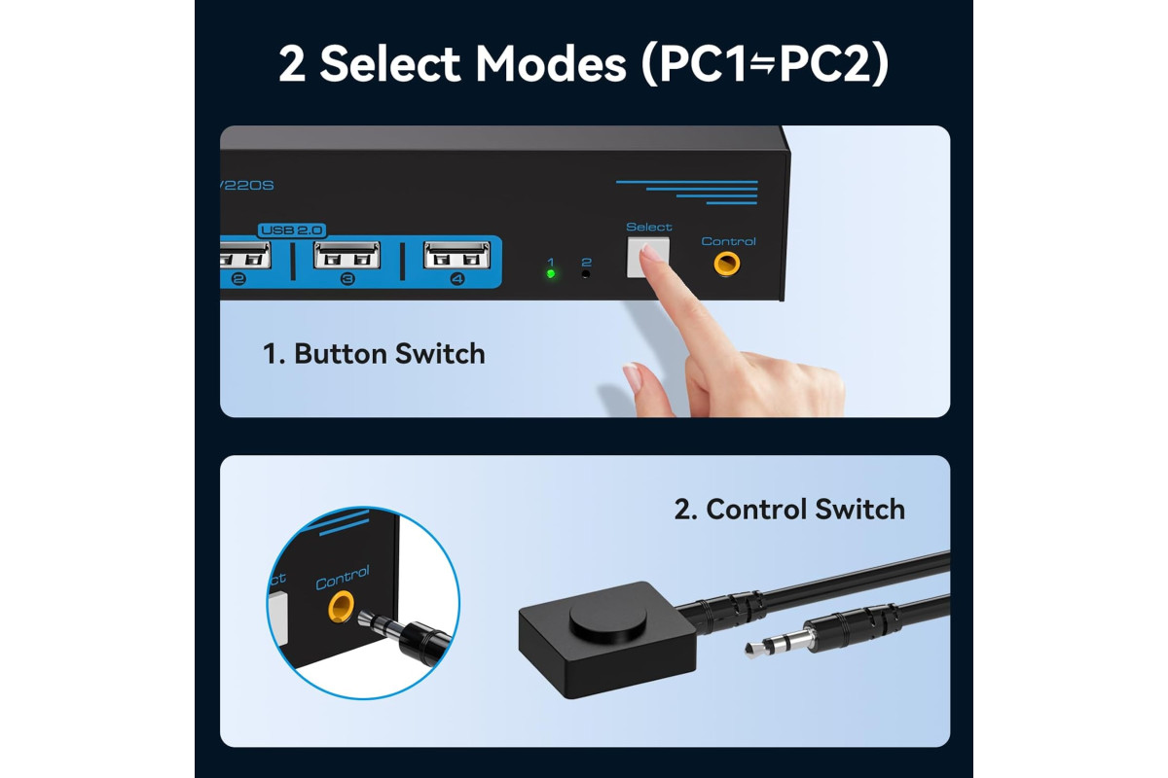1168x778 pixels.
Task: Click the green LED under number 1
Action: pos(551,273)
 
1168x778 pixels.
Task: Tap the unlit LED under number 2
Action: pos(586,274)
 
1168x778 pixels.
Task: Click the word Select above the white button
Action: pos(648,228)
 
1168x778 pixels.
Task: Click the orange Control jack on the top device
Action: pos(726,264)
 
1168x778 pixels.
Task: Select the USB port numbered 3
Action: pos(347,256)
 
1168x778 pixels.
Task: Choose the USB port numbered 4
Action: pos(456,256)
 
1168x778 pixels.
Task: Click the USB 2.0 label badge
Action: pos(291,230)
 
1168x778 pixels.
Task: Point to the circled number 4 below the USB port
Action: pos(457,279)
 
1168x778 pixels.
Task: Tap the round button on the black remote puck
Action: pos(608,617)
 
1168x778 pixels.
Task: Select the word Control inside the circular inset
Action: pos(343,578)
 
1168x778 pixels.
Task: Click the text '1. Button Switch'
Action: pos(374,354)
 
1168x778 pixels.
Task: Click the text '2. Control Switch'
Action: pos(789,510)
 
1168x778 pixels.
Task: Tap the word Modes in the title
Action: pos(551,63)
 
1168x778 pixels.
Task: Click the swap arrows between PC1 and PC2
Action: pos(762,65)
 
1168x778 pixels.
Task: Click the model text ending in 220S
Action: pos(247,186)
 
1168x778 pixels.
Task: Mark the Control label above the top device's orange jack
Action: pos(728,241)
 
